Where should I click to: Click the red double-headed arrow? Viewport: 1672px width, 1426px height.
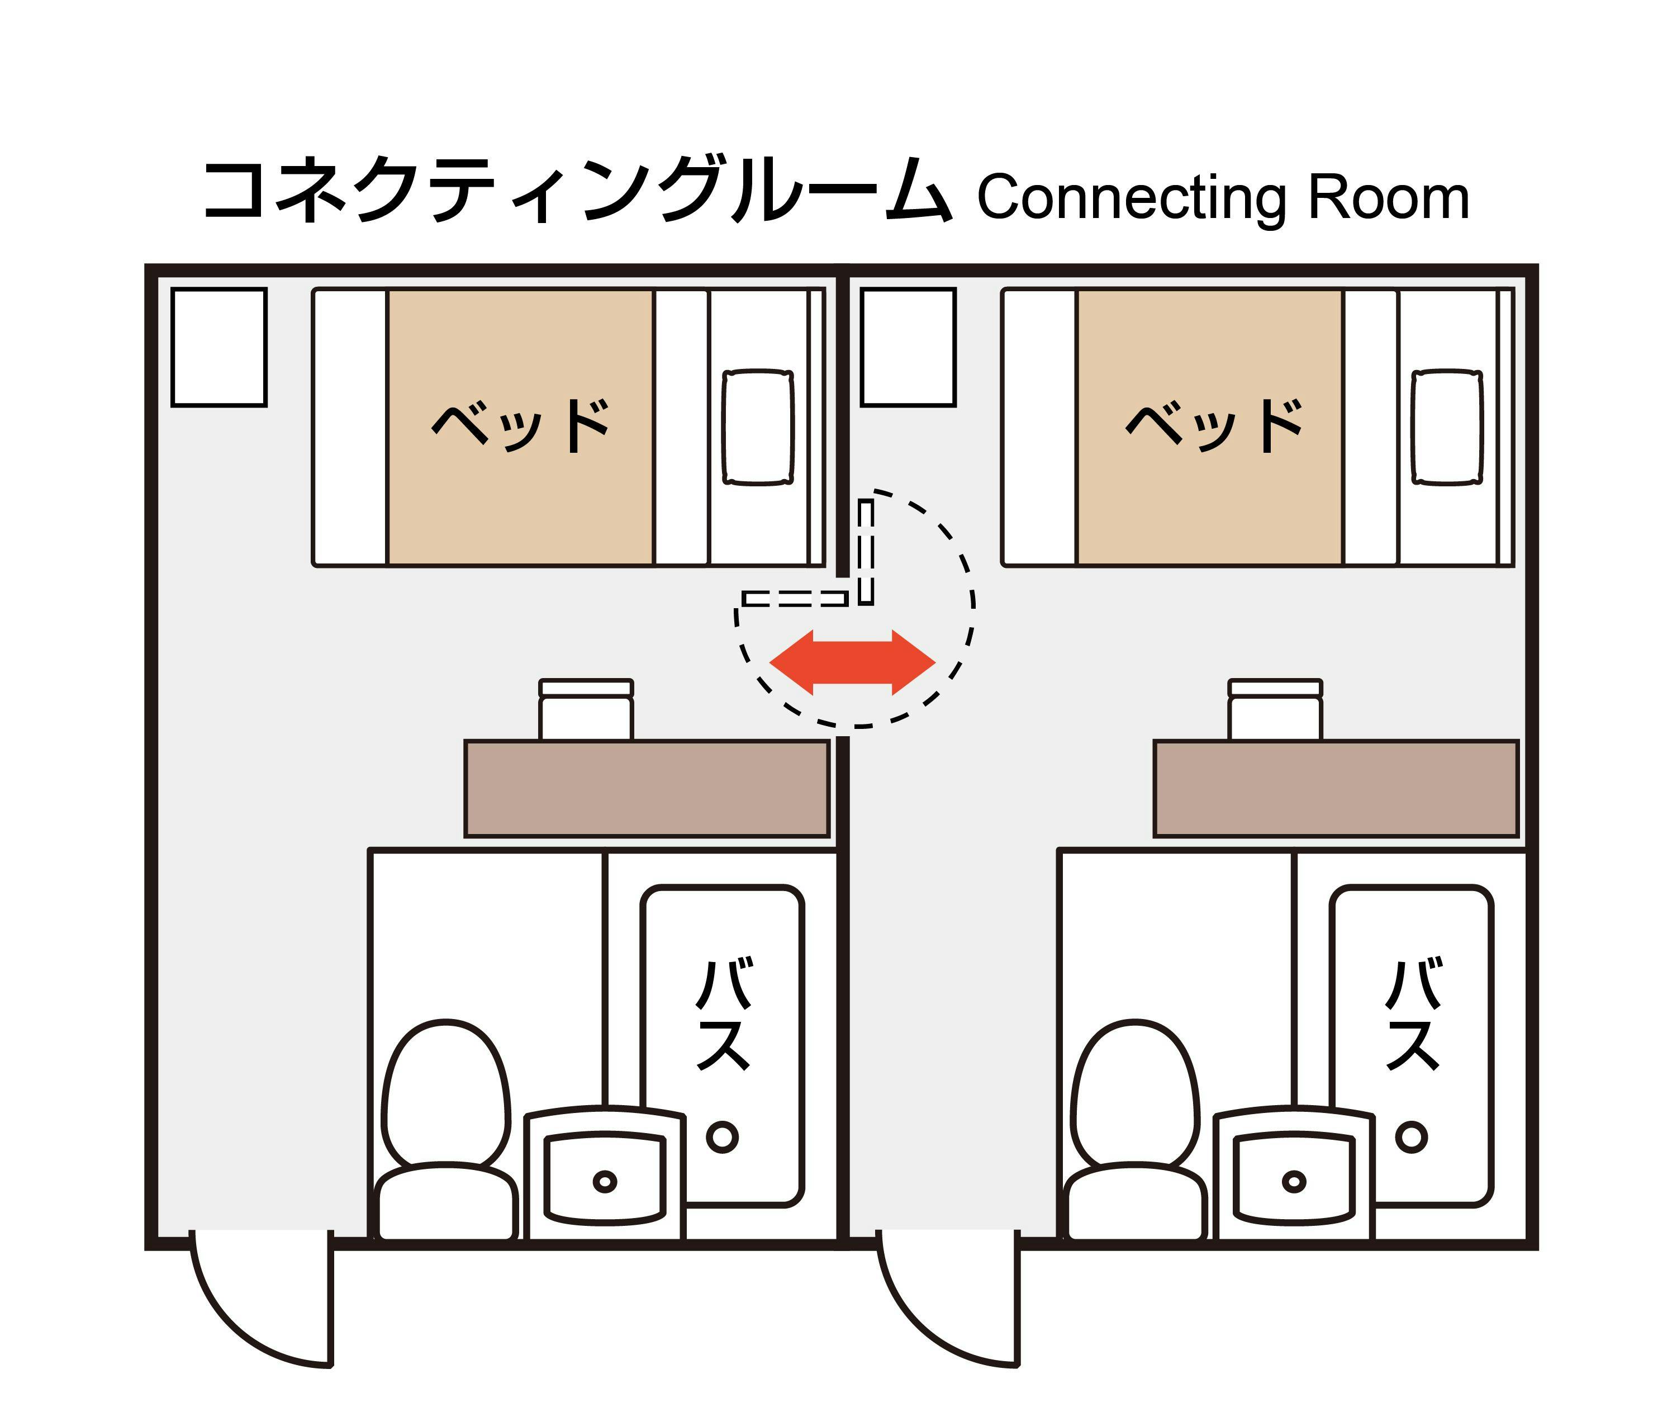coord(852,662)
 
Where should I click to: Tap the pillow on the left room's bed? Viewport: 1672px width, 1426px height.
coord(758,428)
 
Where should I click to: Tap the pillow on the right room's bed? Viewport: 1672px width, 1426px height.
coord(1448,428)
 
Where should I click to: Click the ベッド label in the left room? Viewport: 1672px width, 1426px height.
coord(520,425)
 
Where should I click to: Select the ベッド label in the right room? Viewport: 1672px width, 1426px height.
coord(1214,425)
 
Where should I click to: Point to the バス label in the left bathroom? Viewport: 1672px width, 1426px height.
coord(724,1013)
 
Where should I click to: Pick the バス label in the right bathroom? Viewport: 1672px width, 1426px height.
coord(1413,1013)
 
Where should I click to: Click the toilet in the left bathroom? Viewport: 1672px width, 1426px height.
coord(446,1130)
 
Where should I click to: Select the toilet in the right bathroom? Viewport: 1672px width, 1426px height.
coord(1136,1130)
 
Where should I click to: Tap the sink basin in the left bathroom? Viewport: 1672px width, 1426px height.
coord(605,1177)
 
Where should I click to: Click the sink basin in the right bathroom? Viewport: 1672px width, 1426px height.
coord(1294,1177)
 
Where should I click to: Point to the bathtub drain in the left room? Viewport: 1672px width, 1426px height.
coord(722,1137)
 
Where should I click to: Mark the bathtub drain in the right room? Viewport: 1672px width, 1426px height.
coord(1412,1137)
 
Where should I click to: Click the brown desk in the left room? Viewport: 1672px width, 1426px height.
coord(647,788)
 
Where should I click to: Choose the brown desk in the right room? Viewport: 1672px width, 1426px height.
coord(1336,788)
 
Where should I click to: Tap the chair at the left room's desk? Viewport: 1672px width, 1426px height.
coord(586,709)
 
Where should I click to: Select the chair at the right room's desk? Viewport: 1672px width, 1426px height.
coord(1275,709)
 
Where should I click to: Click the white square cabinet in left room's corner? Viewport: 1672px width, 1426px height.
coord(218,347)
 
